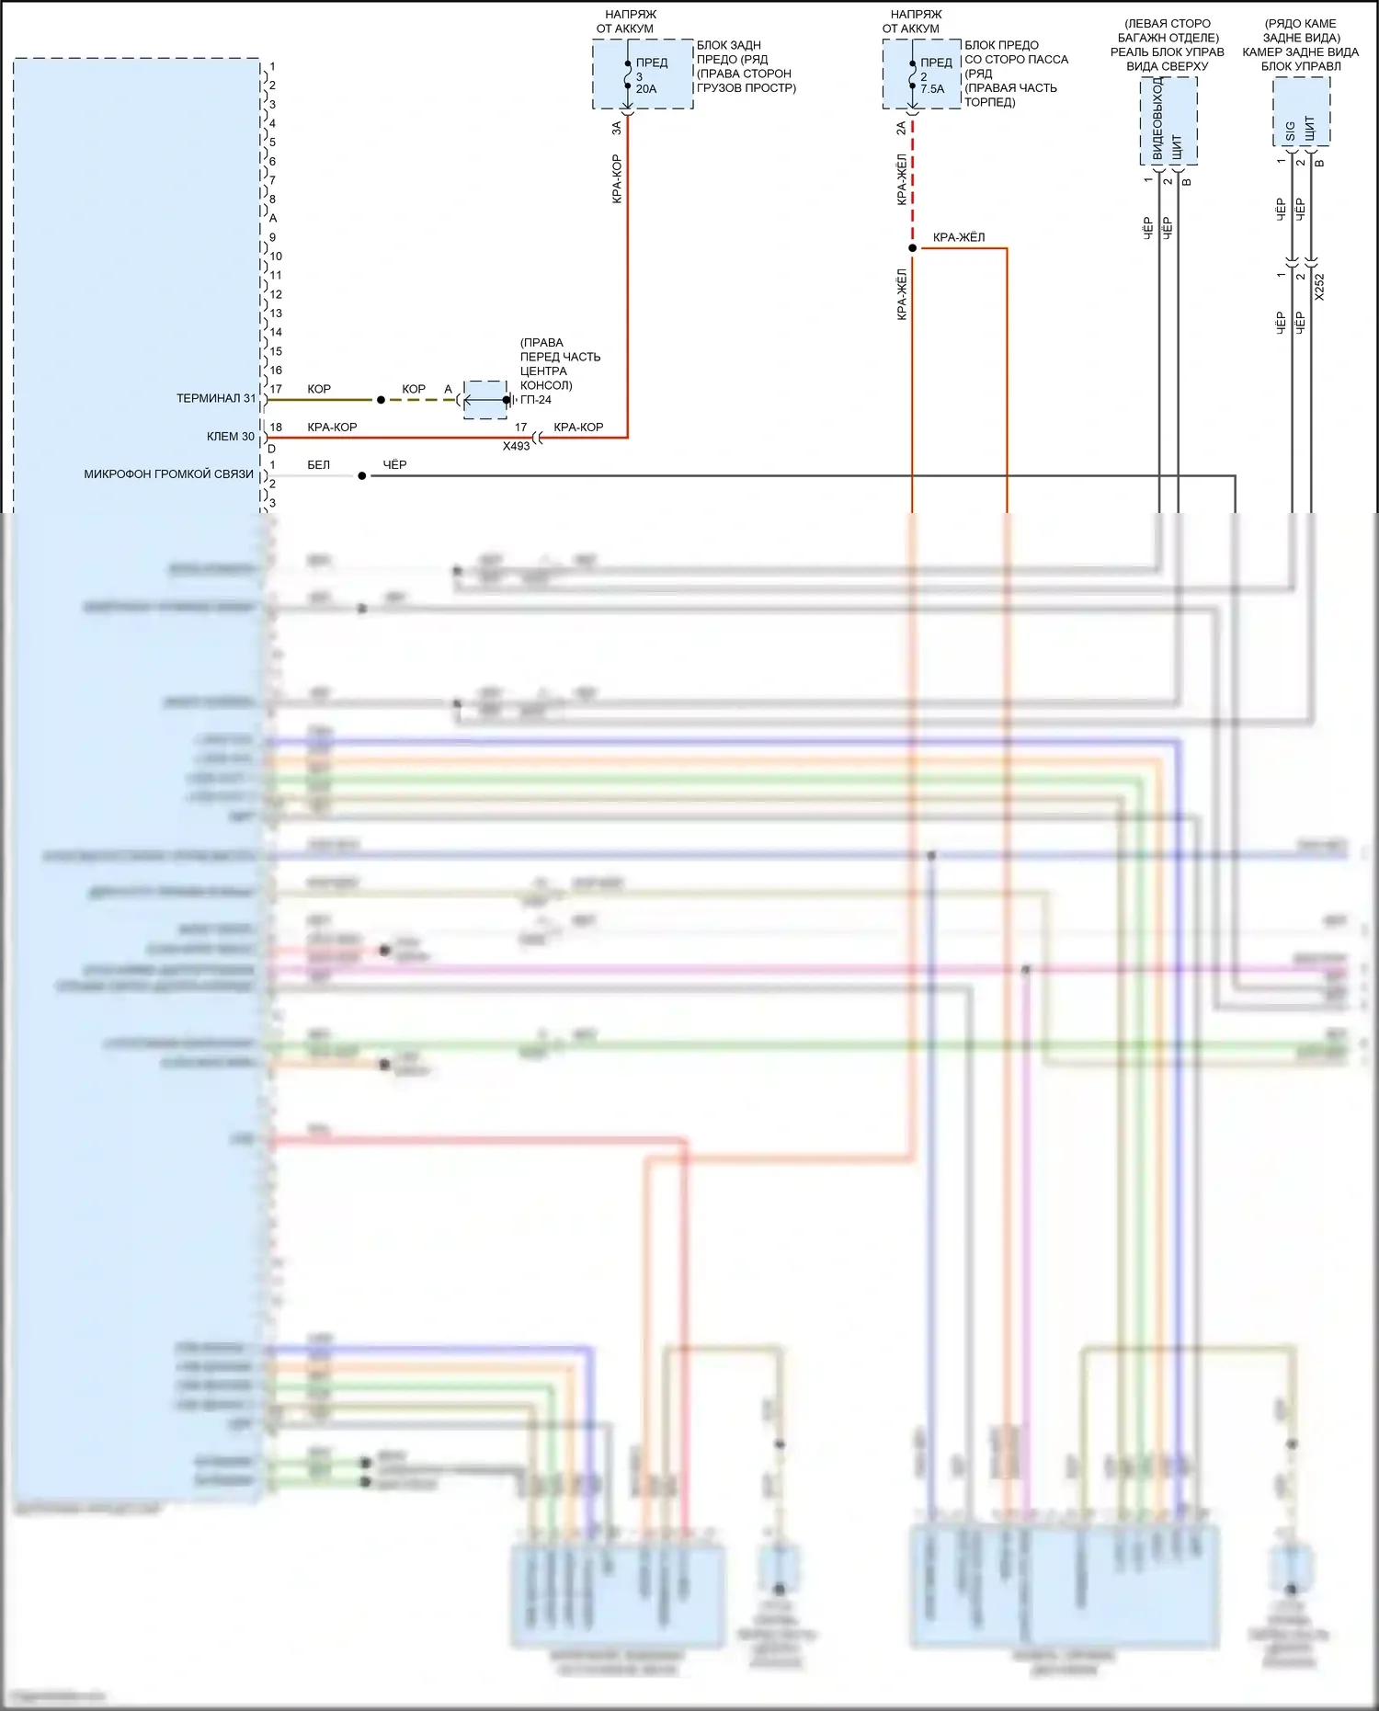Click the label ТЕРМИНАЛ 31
pyautogui.click(x=216, y=398)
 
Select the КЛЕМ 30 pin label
pyautogui.click(x=230, y=437)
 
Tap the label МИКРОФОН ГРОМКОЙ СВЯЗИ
pyautogui.click(x=168, y=474)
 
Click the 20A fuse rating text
pyautogui.click(x=646, y=89)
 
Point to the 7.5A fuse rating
pyautogui.click(x=932, y=89)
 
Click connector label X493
pyautogui.click(x=516, y=446)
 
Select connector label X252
pyautogui.click(x=1320, y=287)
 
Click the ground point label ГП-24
pyautogui.click(x=536, y=400)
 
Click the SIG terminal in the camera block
pyautogui.click(x=1290, y=131)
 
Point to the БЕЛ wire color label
pyautogui.click(x=318, y=465)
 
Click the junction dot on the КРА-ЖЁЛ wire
pyautogui.click(x=912, y=248)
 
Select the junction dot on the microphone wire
pyautogui.click(x=362, y=476)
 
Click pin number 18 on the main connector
pyautogui.click(x=276, y=428)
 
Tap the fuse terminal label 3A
pyautogui.click(x=617, y=129)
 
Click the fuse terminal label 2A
pyautogui.click(x=902, y=129)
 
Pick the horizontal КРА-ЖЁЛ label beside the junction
pyautogui.click(x=959, y=238)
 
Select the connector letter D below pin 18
pyautogui.click(x=271, y=449)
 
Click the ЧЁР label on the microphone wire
pyautogui.click(x=394, y=465)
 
